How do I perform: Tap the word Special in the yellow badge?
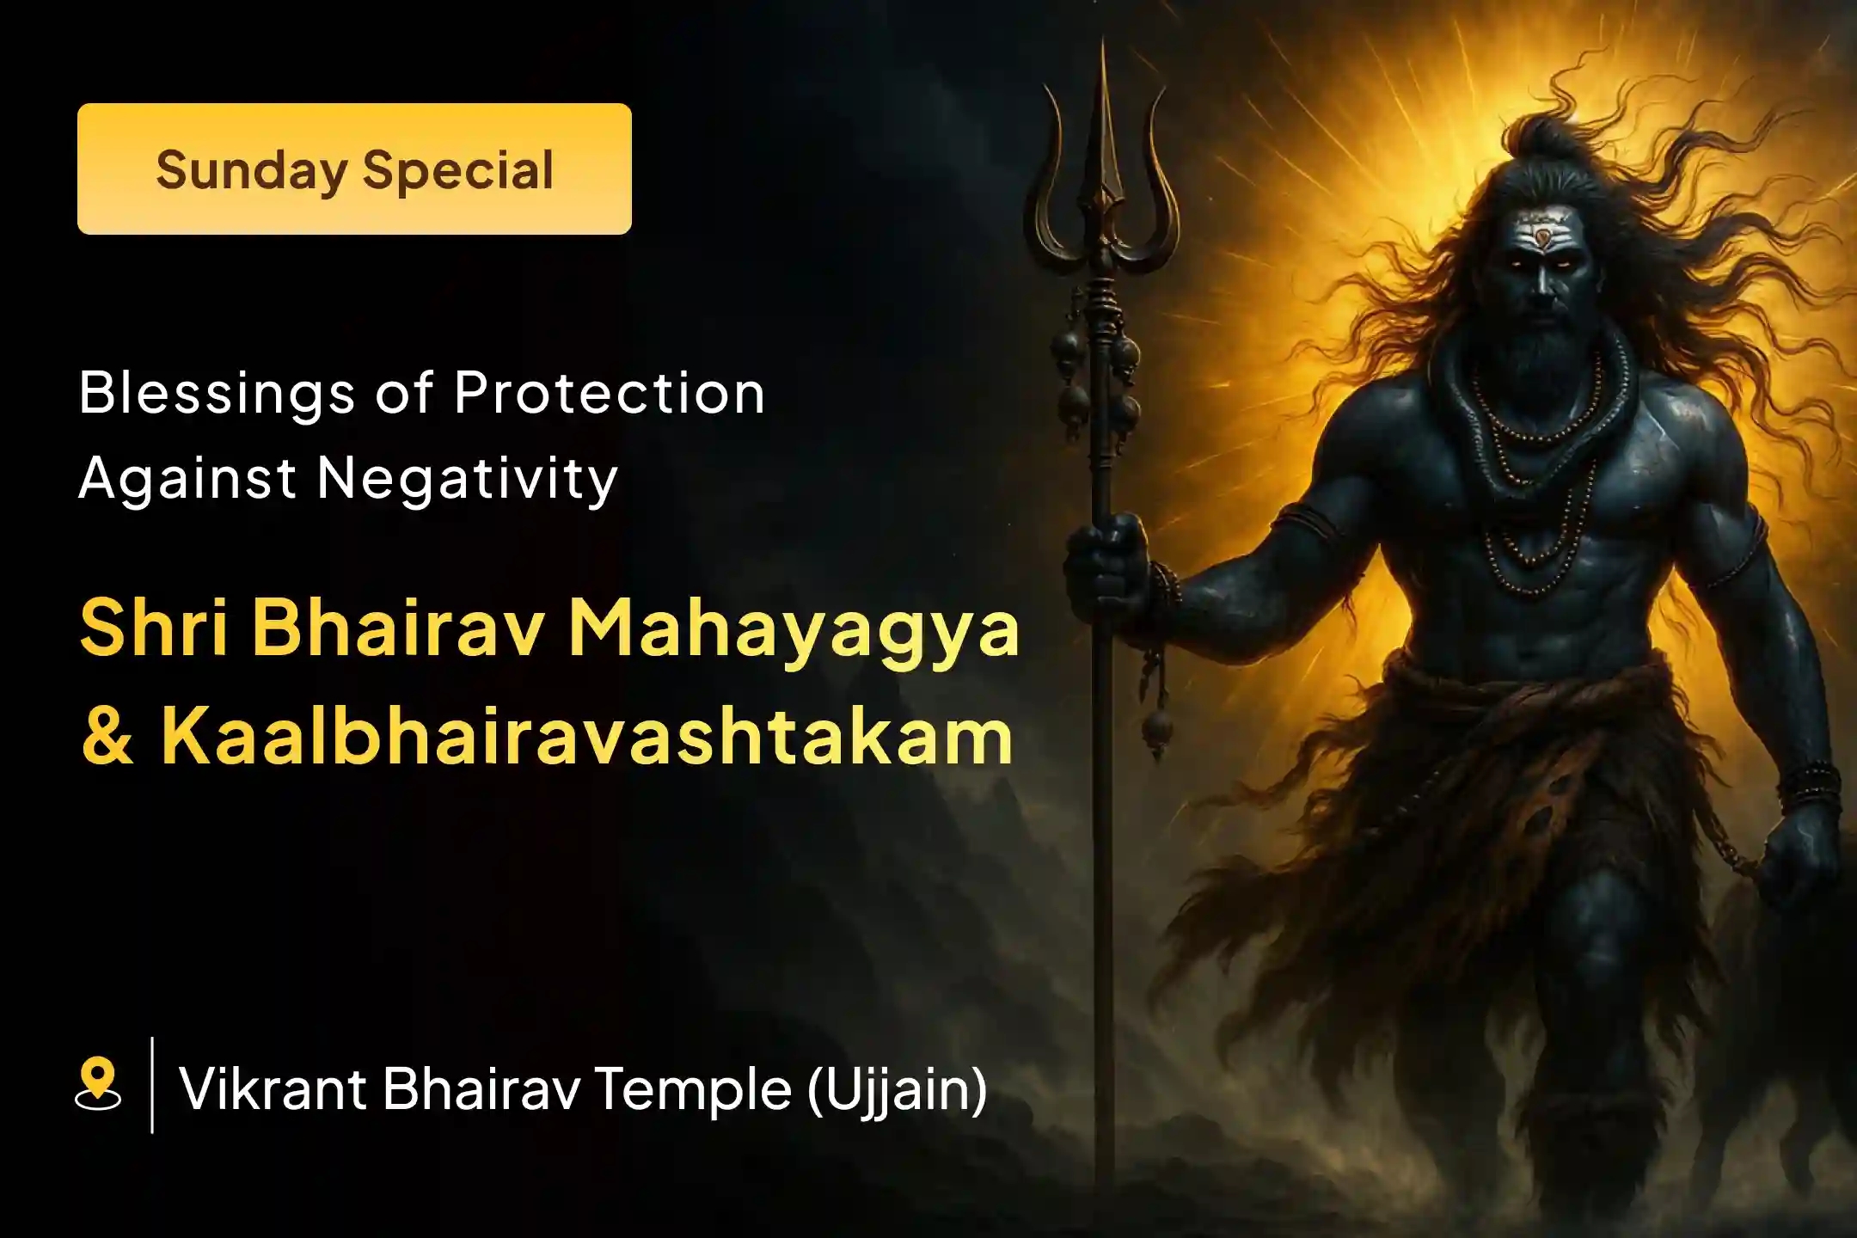click(x=457, y=170)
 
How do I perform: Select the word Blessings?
click(x=216, y=394)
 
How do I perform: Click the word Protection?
click(x=609, y=394)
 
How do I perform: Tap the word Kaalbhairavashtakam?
click(x=587, y=738)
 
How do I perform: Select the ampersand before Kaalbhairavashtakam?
click(x=107, y=738)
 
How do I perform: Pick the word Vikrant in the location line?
click(x=273, y=1088)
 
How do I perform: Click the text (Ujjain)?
click(x=897, y=1088)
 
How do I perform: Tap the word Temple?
click(x=692, y=1088)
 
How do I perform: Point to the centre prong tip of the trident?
click(x=1103, y=52)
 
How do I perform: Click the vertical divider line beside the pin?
click(x=152, y=1085)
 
